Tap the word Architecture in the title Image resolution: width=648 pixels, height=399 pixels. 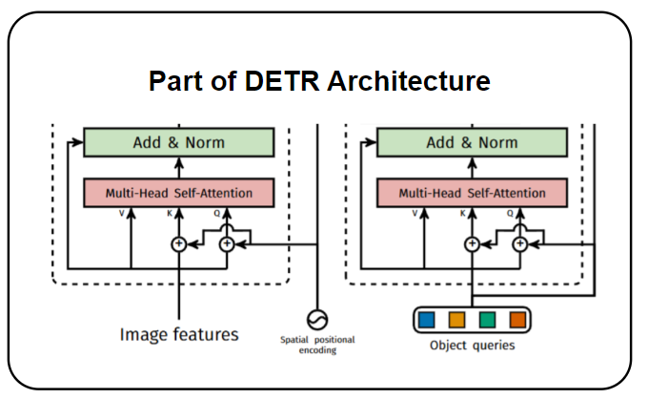tap(409, 81)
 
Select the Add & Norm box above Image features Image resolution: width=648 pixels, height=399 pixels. tap(179, 142)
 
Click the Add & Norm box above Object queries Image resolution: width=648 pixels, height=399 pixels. tap(472, 142)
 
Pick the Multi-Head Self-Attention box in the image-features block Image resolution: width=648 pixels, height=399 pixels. tap(179, 193)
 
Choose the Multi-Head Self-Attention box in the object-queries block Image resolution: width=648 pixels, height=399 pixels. tap(472, 193)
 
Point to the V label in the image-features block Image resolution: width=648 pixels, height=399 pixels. tap(122, 214)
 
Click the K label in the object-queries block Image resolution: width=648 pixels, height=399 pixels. tap(463, 214)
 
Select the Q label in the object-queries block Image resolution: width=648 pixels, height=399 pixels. tap(511, 214)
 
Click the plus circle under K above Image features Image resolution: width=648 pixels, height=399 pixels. tap(178, 244)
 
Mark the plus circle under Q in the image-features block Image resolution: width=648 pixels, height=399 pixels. tap(227, 244)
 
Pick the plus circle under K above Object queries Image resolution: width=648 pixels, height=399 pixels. tap(471, 244)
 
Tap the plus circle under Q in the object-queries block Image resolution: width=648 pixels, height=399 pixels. tap(519, 244)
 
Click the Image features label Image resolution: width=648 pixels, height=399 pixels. tap(179, 334)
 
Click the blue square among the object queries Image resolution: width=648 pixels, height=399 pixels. tap(427, 319)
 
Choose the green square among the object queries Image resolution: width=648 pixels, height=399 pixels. tap(487, 319)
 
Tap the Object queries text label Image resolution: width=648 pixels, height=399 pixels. tap(472, 346)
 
